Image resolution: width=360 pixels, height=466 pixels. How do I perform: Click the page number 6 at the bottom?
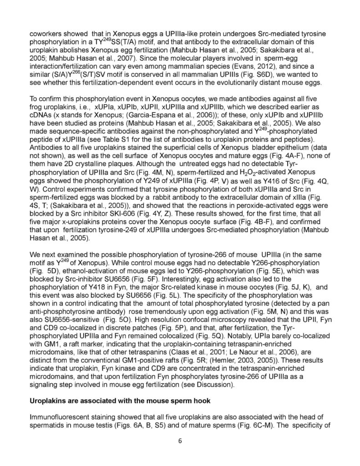tap(180, 441)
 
